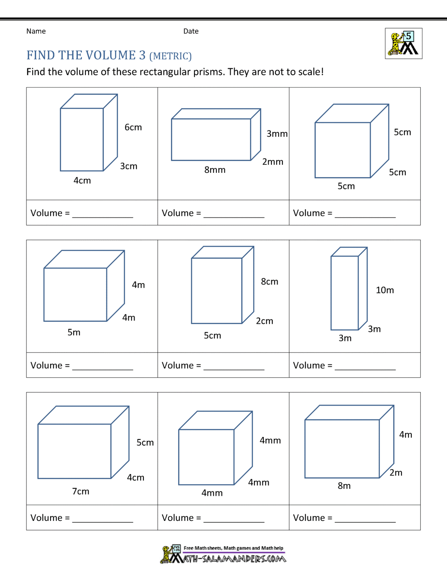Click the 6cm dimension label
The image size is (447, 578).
click(133, 127)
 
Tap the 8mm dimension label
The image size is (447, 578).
click(215, 170)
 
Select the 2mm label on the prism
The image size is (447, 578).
click(273, 162)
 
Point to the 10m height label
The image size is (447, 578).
click(384, 290)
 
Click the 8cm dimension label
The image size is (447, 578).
click(270, 281)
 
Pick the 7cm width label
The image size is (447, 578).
click(80, 491)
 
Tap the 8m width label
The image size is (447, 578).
click(344, 486)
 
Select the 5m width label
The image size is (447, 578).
click(74, 332)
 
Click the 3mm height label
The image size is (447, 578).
click(277, 134)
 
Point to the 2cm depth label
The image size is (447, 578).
click(264, 321)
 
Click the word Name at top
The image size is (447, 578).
click(36, 31)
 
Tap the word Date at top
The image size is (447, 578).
click(191, 31)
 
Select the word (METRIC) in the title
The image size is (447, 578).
click(170, 56)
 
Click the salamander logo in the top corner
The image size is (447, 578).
click(403, 44)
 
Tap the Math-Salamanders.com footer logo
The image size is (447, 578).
click(223, 554)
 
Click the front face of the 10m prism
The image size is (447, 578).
click(344, 293)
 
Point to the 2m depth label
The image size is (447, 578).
click(396, 473)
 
